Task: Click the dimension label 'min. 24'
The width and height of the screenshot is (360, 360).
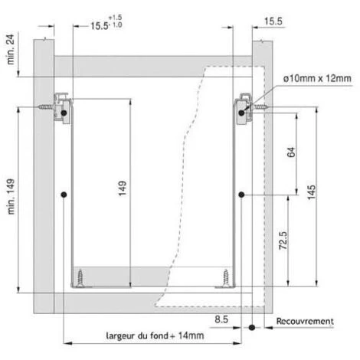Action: (11, 49)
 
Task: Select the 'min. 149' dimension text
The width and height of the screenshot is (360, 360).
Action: (11, 197)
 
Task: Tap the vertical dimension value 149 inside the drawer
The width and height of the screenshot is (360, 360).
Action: (123, 188)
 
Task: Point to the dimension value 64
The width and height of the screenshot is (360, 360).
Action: (291, 152)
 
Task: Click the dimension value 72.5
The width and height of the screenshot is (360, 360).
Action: (283, 241)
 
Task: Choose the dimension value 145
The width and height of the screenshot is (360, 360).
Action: (311, 192)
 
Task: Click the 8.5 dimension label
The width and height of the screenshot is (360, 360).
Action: (221, 319)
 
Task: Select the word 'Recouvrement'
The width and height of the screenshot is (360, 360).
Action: (305, 321)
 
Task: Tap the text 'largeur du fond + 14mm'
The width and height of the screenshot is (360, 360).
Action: (155, 335)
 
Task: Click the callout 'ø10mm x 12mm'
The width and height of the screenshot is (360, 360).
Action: (317, 78)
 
